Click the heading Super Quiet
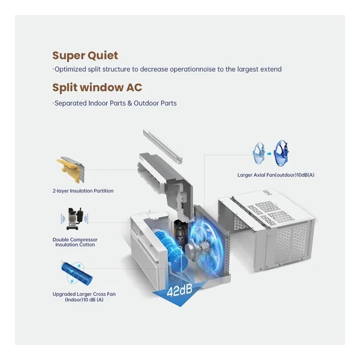[85, 56]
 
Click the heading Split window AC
[97, 88]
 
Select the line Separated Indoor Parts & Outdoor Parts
[115, 103]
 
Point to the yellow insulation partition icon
[71, 169]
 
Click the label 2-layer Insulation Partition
[83, 191]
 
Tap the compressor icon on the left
[74, 219]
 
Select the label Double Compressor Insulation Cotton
[75, 242]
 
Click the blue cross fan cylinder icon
[77, 273]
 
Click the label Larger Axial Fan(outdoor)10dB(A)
[276, 175]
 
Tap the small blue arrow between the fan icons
[269, 154]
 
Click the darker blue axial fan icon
[281, 153]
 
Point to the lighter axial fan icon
[259, 153]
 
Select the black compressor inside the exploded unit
[180, 233]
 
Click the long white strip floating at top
[163, 146]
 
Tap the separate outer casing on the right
[266, 230]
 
